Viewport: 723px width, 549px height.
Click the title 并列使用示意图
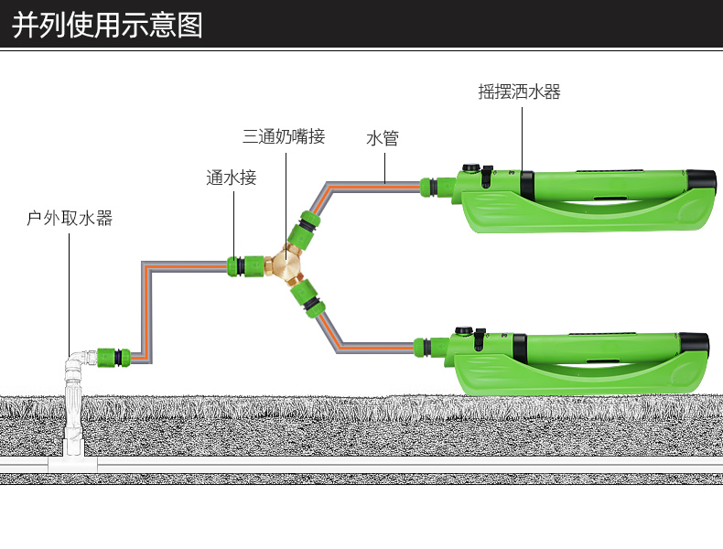107,25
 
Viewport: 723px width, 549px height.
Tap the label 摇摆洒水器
519,91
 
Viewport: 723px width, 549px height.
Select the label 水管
383,139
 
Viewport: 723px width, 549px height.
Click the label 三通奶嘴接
284,137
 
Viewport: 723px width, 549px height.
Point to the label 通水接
232,178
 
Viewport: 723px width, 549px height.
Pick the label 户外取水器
70,219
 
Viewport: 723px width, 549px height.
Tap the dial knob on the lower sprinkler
465,332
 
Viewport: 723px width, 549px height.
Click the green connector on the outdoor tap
112,355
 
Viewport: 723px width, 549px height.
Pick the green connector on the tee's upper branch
304,229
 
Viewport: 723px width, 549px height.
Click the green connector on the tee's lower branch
305,300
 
